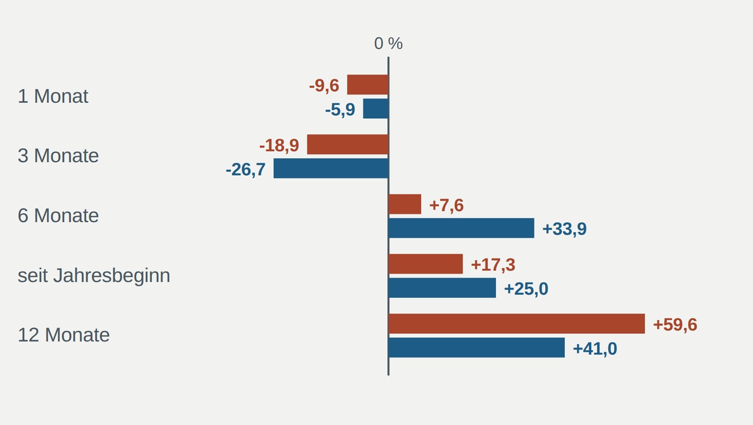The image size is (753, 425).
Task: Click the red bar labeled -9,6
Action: click(x=368, y=85)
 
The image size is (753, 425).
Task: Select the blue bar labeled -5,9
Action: click(x=376, y=109)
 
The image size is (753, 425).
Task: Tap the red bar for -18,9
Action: click(x=348, y=145)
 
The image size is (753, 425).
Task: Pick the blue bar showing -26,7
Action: click(x=331, y=168)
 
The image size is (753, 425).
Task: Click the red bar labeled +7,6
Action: click(x=405, y=204)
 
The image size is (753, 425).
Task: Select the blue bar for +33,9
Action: click(x=461, y=228)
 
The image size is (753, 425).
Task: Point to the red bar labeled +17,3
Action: click(x=425, y=264)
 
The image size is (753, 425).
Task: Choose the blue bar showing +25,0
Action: click(x=442, y=288)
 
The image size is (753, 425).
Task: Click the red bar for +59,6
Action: click(x=517, y=324)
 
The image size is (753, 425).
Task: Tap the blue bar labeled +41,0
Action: click(x=477, y=348)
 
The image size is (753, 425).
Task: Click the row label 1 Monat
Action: click(x=53, y=96)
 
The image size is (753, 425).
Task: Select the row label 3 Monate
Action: click(x=58, y=156)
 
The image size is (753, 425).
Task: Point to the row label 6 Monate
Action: click(x=58, y=216)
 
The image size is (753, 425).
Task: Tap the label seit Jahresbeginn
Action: click(x=94, y=276)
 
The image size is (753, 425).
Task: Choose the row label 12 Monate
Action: click(x=64, y=335)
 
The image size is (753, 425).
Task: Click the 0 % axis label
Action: click(x=388, y=43)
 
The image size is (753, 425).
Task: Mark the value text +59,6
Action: click(x=675, y=325)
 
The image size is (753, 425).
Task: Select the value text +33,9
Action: click(x=564, y=229)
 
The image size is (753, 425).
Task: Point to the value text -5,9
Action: click(x=340, y=110)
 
